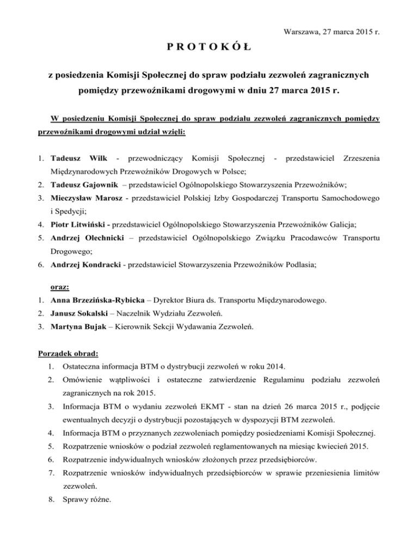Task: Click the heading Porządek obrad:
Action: click(62, 352)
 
